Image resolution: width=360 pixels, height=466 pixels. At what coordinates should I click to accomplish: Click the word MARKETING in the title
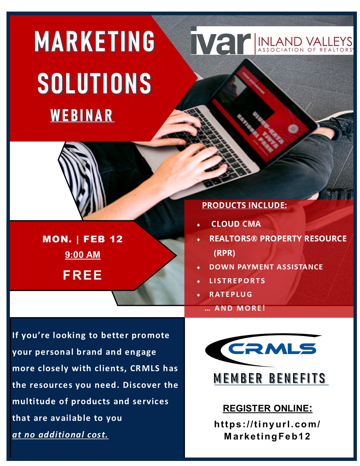95,41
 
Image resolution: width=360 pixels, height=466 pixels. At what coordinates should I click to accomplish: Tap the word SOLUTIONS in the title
95,83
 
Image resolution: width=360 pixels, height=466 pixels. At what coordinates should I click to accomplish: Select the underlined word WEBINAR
82,116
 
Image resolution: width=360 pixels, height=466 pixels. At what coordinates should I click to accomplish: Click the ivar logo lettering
221,41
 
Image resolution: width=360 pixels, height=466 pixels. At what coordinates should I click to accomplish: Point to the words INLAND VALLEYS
305,41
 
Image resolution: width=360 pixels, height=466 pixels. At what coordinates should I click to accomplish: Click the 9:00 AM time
83,254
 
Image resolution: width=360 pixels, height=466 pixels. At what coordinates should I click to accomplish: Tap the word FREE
82,275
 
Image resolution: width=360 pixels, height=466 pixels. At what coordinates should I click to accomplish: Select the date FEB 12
103,239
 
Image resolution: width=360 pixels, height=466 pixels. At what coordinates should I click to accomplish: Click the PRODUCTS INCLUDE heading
244,205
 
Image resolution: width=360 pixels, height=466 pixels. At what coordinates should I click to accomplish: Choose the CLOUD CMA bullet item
236,224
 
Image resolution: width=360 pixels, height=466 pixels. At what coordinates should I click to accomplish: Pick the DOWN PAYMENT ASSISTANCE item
266,267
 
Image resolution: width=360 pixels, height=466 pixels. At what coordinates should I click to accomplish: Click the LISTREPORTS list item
237,281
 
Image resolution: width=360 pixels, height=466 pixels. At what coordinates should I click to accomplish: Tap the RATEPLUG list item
231,294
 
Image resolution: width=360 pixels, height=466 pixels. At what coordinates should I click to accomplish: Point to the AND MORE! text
240,308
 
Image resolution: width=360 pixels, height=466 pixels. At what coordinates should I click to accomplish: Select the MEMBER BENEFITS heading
270,378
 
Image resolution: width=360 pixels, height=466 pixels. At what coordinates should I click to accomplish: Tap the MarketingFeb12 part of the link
267,436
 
